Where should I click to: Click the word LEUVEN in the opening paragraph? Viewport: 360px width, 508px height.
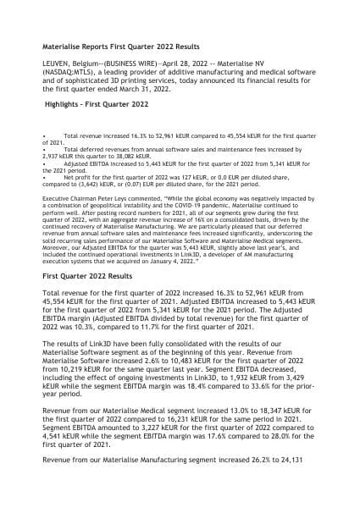tap(58, 63)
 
